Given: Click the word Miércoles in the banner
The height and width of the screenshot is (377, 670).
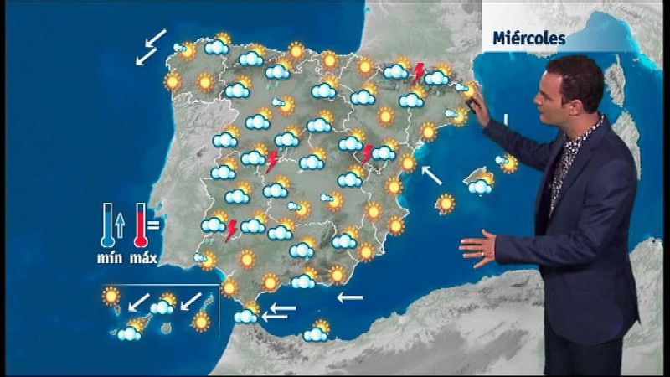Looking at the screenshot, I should pyautogui.click(x=529, y=39).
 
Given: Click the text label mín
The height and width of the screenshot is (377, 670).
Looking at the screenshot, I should pyautogui.click(x=107, y=258).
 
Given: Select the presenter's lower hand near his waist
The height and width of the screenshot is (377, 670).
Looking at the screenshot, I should pyautogui.click(x=477, y=249).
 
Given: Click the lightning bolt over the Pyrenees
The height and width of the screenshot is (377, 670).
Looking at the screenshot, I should pyautogui.click(x=418, y=73).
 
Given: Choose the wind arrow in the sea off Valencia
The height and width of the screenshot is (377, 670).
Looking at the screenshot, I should pyautogui.click(x=431, y=175).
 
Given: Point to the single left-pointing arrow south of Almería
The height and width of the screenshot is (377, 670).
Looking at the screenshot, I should pyautogui.click(x=349, y=297).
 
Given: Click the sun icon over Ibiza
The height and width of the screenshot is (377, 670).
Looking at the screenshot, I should pyautogui.click(x=446, y=203).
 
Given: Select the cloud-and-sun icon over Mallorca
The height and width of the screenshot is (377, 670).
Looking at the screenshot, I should pyautogui.click(x=481, y=183).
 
